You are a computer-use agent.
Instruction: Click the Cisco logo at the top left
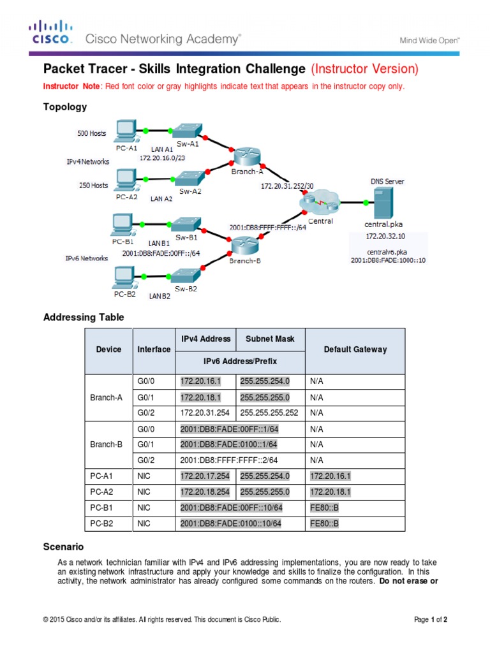50,33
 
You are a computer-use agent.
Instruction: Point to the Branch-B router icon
243,244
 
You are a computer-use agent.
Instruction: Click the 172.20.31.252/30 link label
287,186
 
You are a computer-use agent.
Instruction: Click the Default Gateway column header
355,350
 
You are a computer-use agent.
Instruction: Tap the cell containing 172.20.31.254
205,413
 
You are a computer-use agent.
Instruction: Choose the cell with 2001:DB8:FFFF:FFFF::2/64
233,460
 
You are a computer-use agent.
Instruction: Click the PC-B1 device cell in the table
109,508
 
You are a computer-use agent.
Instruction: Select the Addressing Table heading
83,317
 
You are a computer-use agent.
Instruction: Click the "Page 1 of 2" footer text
431,619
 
